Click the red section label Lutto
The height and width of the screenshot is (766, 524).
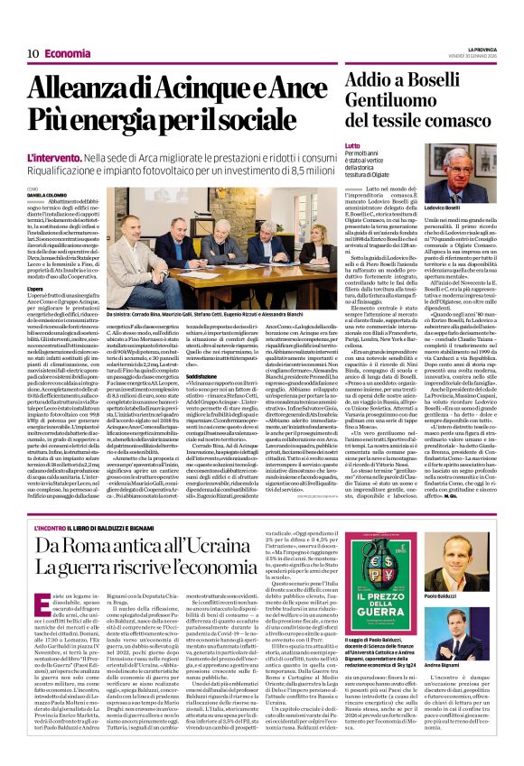pos(351,144)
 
